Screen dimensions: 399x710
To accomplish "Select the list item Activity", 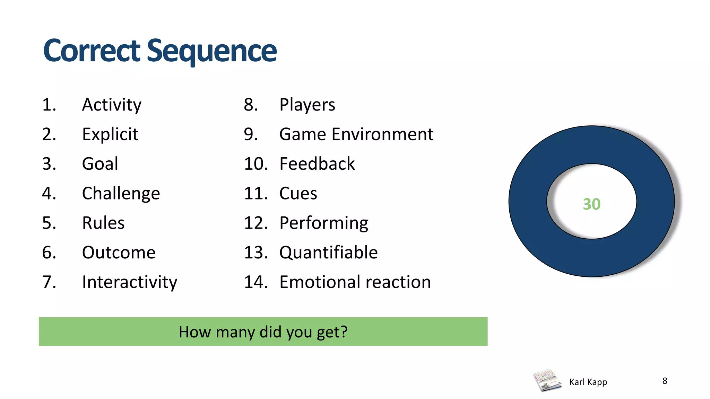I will point(112,105).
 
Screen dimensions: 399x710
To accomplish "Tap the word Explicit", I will point(110,134).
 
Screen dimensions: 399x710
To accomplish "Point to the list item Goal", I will point(100,163).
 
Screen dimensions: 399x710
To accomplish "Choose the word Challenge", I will point(121,193).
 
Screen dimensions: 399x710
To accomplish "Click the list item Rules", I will point(103,223).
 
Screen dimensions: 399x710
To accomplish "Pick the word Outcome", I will point(119,252).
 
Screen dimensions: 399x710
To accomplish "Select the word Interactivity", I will point(130,282).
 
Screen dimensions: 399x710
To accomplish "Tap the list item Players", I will point(307,105).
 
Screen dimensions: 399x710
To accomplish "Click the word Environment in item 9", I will point(382,134).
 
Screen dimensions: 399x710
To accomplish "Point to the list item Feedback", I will point(317,163).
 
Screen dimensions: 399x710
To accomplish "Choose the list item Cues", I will point(298,193).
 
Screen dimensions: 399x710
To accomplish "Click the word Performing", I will point(323,223).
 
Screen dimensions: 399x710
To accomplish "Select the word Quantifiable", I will point(328,252).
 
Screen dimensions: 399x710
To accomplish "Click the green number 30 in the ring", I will point(591,204).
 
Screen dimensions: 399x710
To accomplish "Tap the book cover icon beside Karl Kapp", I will point(547,380).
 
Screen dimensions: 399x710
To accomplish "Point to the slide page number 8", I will point(665,381).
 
